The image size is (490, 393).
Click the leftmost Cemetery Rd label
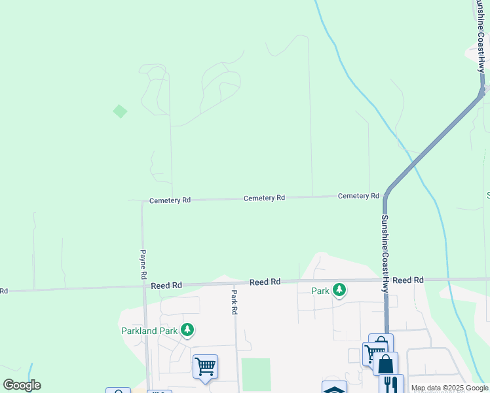pyautogui.click(x=170, y=200)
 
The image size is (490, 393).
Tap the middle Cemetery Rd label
pyautogui.click(x=264, y=198)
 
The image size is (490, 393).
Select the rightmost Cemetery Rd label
pyautogui.click(x=358, y=196)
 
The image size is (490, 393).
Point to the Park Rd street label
pyautogui.click(x=234, y=303)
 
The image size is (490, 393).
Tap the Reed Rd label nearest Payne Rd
pyautogui.click(x=166, y=286)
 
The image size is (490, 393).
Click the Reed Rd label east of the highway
pyautogui.click(x=408, y=280)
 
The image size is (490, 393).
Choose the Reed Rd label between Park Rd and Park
pyautogui.click(x=265, y=282)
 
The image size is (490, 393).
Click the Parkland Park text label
pyautogui.click(x=149, y=331)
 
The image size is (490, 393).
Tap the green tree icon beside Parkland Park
pyautogui.click(x=187, y=329)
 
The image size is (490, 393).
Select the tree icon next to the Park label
pyautogui.click(x=339, y=290)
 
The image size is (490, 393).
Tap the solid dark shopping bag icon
pyautogui.click(x=385, y=364)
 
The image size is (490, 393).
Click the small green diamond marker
pyautogui.click(x=120, y=111)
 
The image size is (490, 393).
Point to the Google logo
pyautogui.click(x=22, y=385)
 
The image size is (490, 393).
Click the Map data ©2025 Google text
pyautogui.click(x=449, y=388)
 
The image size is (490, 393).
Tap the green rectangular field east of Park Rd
pyautogui.click(x=256, y=375)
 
